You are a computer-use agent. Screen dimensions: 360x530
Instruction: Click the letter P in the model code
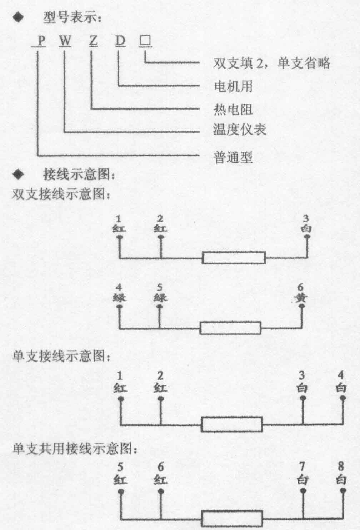pos(41,41)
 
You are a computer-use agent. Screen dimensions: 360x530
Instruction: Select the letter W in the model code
pos(65,41)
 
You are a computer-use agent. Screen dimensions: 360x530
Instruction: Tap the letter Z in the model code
pos(94,41)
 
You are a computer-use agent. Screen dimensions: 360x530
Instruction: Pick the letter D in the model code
pos(120,41)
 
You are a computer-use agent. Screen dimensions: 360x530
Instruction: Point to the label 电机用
pos(233,86)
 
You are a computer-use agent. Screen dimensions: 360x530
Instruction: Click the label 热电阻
pos(233,109)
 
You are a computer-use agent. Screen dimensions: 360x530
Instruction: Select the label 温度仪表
pos(239,130)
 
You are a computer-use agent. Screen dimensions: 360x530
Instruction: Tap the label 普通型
pos(233,157)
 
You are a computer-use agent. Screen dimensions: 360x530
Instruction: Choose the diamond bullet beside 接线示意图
pos(18,175)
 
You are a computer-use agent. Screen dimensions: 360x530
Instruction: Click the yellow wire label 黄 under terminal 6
pos(301,298)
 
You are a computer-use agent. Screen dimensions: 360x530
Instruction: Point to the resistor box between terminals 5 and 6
pos(230,328)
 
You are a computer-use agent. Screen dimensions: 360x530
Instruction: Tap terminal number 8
pos(341,466)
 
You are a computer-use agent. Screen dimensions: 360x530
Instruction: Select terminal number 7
pos(302,466)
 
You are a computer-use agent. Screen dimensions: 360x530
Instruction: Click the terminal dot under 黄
pos(301,306)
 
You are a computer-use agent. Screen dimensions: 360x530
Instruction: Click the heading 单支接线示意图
pos(61,356)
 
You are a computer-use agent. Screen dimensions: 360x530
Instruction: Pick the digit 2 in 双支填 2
pos(260,64)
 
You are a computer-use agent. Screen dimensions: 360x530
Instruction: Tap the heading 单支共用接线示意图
pos(75,448)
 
